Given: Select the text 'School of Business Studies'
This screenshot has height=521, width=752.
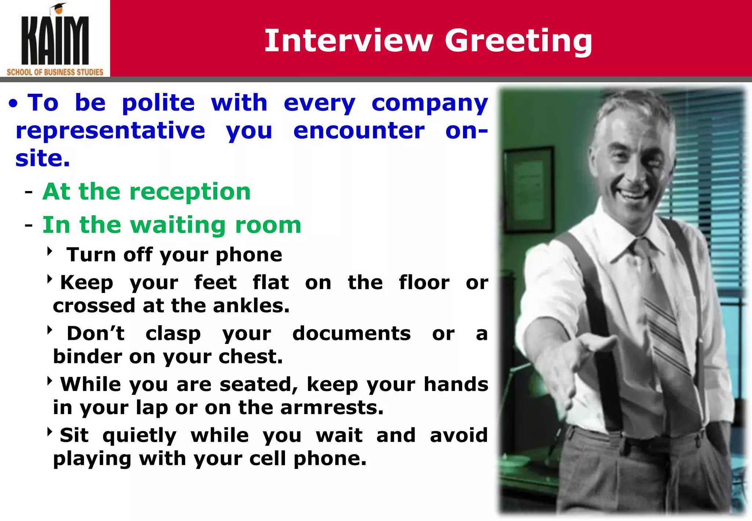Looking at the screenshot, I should coord(55,72).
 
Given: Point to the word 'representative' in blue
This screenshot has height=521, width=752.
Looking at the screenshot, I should coord(110,131).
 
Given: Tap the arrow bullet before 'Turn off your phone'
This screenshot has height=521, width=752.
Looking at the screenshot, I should coord(50,252).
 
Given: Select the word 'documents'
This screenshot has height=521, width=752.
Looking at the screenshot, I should coord(351,334).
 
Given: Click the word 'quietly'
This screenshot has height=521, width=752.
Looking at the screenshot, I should coord(140,436).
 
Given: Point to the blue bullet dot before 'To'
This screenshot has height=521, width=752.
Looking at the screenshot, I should coord(13,104).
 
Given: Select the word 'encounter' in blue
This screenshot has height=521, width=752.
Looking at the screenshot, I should coord(359,131).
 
